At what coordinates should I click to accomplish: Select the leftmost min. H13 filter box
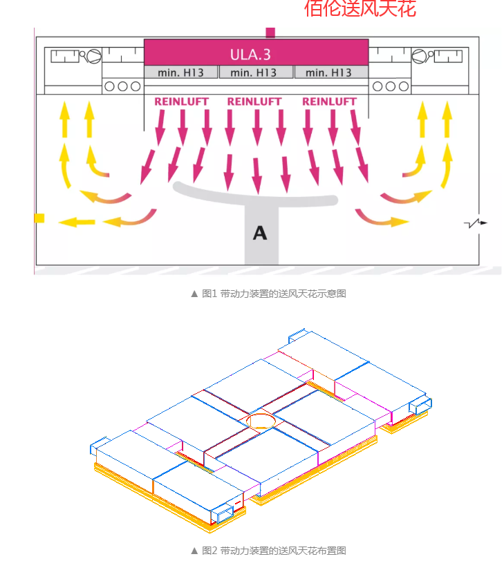(x=180, y=73)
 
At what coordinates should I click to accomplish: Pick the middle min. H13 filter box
(x=256, y=73)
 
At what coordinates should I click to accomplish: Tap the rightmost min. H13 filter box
(x=330, y=73)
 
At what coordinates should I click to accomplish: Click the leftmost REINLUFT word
(x=181, y=102)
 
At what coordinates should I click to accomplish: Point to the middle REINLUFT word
(x=255, y=102)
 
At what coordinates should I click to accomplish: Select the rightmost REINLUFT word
(x=330, y=102)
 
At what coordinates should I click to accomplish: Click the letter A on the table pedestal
(x=260, y=233)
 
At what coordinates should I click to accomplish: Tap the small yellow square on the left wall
(x=39, y=218)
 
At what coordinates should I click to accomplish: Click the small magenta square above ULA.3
(x=270, y=32)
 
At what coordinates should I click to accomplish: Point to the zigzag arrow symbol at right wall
(x=476, y=223)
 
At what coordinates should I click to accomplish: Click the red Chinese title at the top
(x=360, y=8)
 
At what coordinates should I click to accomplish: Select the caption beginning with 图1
(x=268, y=294)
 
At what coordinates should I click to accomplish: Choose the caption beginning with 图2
(x=268, y=551)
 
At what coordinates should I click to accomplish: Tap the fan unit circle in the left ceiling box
(x=93, y=56)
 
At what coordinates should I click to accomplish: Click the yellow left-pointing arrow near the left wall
(x=77, y=222)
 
